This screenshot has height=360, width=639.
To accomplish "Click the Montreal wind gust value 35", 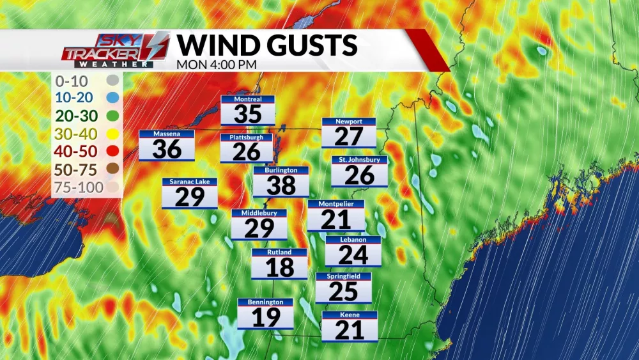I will click(248, 114).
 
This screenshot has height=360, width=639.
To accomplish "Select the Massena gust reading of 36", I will click(167, 149).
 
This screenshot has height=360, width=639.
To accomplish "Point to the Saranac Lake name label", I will click(190, 182).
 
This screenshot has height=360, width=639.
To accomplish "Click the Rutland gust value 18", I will click(279, 267).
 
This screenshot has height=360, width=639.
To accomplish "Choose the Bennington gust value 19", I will click(265, 317).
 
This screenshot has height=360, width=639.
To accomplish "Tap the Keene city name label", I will click(350, 315).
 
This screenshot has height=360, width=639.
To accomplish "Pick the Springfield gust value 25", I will click(344, 292).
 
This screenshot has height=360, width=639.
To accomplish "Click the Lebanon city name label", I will click(353, 240).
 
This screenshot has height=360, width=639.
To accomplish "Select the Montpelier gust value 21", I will click(335, 219).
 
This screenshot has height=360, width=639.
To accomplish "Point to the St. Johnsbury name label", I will click(359, 159).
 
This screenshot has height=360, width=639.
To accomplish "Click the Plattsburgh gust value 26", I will click(247, 152).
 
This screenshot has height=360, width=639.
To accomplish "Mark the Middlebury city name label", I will click(259, 212).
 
